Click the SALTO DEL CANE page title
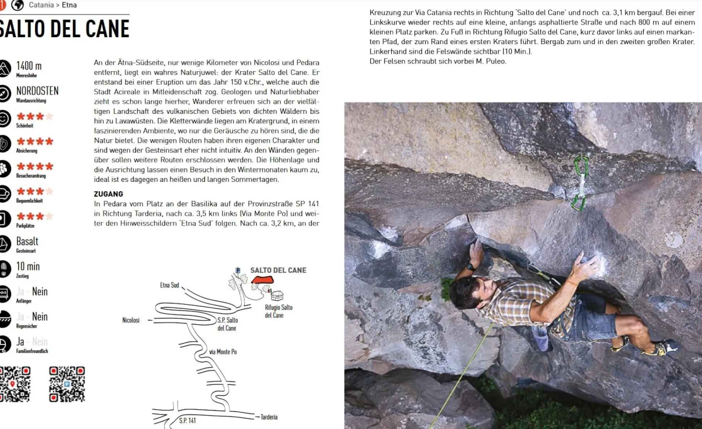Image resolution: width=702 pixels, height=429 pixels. pos(64,29)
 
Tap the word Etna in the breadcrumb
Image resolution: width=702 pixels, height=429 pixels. pos(69,5)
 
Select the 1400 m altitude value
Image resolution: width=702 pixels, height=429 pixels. pos(29,66)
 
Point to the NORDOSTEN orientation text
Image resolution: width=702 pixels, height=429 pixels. pos(37,91)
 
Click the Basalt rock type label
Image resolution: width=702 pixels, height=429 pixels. pos(27,241)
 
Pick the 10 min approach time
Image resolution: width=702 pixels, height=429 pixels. pos(28,267)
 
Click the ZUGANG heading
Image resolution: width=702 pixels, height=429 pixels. pos(109,194)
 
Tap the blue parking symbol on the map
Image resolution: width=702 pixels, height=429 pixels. pos(238,270)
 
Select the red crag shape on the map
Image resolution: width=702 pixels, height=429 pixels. pos(263,280)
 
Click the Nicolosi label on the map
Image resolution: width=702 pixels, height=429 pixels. pos(131,320)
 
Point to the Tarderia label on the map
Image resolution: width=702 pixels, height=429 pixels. pos(269,417)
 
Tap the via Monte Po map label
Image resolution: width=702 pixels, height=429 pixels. pos(223,352)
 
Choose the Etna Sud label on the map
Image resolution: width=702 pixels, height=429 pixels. pos(169,285)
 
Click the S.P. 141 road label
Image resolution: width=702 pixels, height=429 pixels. pos(187,420)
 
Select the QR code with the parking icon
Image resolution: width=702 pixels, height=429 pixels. pos(67,384)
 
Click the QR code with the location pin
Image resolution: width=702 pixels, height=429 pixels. pos(14,384)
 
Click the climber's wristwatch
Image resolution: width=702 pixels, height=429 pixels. pos(470,267)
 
